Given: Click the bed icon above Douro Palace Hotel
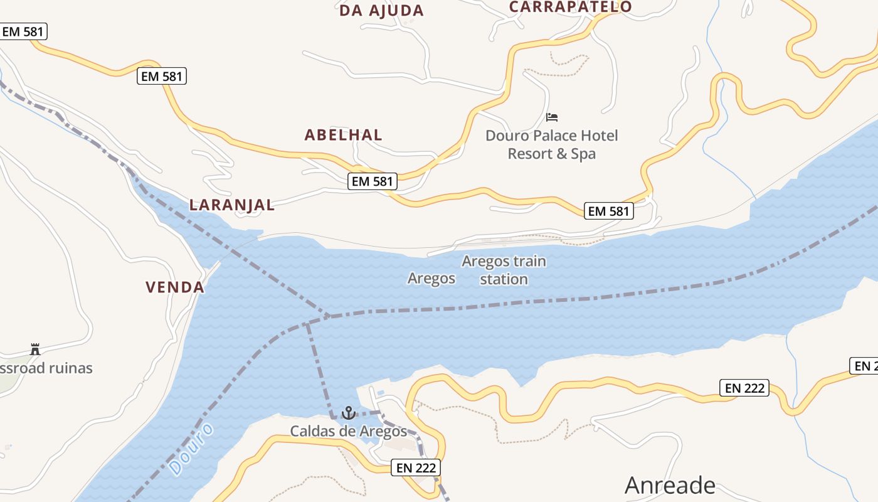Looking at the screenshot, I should (552, 117).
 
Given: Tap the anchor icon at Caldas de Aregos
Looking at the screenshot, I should (348, 413).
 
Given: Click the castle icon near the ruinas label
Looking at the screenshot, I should (35, 350).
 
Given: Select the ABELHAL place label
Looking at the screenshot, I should (343, 135).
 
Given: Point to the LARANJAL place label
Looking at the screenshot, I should (232, 205).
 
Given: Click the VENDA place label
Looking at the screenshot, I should (175, 287).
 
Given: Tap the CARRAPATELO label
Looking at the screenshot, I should (570, 7).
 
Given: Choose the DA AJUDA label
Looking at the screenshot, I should (381, 11).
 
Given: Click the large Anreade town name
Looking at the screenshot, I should (670, 485).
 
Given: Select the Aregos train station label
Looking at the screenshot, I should (504, 270).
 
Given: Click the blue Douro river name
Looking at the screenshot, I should (191, 449).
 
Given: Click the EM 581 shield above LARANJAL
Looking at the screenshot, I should (162, 77).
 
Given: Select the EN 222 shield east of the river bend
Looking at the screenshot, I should (745, 388).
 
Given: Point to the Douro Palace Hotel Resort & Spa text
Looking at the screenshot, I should (551, 144).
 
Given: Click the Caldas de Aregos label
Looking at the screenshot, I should (348, 432).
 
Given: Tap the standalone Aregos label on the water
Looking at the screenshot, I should (431, 278).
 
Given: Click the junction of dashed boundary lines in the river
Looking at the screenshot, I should (327, 316).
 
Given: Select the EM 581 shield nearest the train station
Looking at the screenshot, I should (609, 211).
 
